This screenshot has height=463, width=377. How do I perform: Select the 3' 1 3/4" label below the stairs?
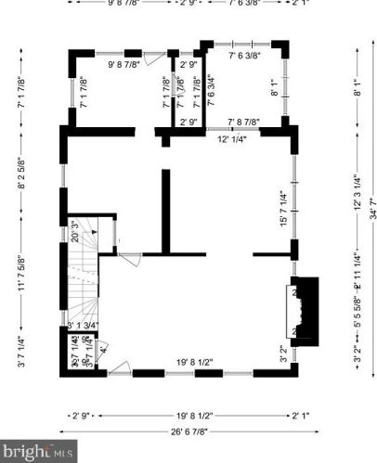point(84,325)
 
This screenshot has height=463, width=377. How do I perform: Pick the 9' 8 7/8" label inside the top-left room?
point(124,65)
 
